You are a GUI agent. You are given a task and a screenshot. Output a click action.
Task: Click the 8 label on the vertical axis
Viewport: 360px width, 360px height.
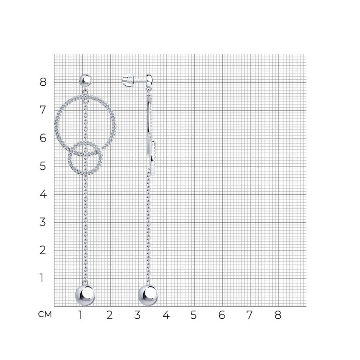pos(43,82)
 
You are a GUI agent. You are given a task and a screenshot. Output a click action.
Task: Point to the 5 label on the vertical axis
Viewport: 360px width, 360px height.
pos(43,166)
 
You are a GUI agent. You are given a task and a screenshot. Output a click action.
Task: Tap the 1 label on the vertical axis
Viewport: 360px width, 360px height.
pos(42,278)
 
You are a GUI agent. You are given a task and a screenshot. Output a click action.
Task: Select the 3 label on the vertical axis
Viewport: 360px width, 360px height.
pos(43,222)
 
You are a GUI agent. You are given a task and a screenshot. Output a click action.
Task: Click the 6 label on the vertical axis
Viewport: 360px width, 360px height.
pos(43,138)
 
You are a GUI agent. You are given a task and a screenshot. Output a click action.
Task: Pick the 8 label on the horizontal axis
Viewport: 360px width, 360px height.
pos(278,315)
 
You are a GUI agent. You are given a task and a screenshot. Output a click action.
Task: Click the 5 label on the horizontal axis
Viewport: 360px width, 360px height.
pos(194,315)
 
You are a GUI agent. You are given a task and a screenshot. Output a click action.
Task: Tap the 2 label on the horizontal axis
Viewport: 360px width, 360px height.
pos(110,315)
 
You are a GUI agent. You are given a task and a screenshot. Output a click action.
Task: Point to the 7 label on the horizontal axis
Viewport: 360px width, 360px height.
pos(249,315)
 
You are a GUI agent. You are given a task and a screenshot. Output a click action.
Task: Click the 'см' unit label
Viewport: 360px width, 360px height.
pos(45,315)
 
